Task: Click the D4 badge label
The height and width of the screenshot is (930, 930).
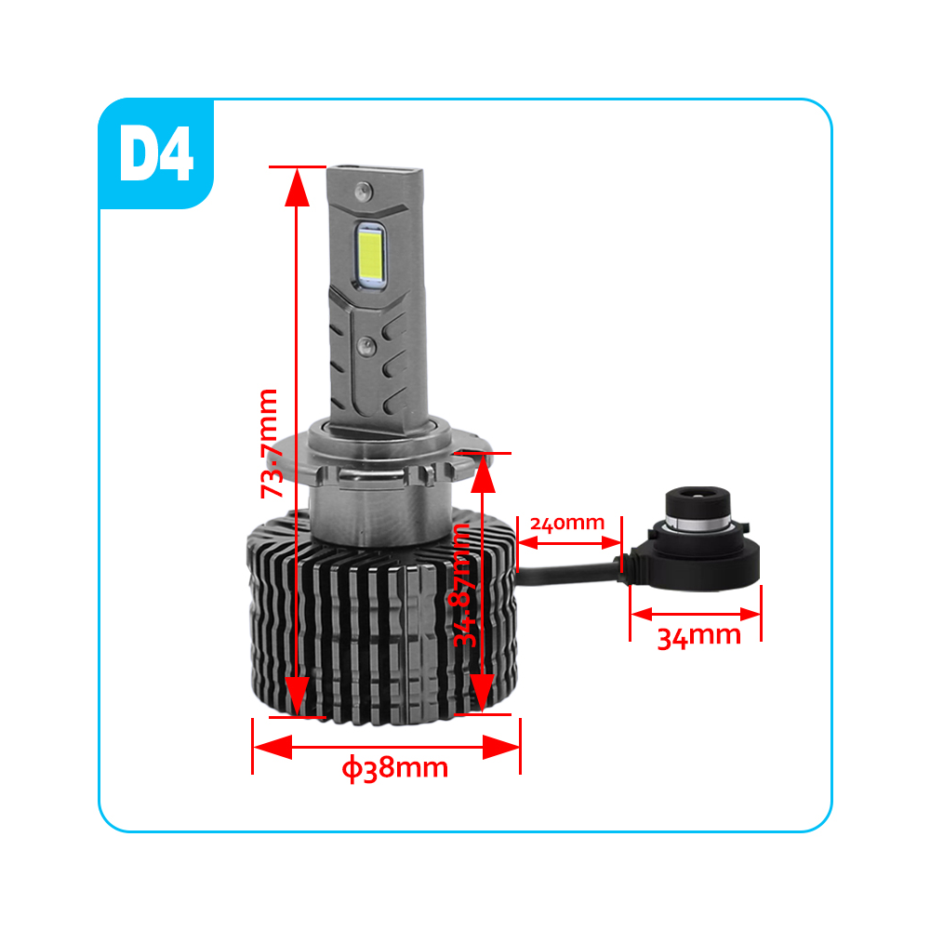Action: [x=156, y=153]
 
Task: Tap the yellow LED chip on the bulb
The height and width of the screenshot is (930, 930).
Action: [x=371, y=256]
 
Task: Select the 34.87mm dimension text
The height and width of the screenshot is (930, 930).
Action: [x=462, y=584]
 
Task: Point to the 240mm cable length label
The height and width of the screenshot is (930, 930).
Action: [x=567, y=524]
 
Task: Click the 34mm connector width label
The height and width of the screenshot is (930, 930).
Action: [x=699, y=636]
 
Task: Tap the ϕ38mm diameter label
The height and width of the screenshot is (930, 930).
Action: [x=394, y=769]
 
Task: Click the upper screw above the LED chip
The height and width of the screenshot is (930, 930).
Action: [x=363, y=191]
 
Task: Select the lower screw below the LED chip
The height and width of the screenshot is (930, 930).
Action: [x=365, y=346]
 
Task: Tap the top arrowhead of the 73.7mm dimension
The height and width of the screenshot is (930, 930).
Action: [x=297, y=187]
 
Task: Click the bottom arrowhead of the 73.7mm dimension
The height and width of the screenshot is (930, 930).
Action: [x=297, y=697]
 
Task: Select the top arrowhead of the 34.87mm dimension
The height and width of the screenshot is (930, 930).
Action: [x=483, y=473]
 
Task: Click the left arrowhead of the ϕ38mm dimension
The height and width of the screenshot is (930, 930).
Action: [x=272, y=747]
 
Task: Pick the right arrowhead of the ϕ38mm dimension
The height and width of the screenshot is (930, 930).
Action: [x=501, y=747]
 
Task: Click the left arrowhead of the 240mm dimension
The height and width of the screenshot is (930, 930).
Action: [x=528, y=542]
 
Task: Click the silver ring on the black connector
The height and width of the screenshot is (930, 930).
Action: [x=697, y=521]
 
